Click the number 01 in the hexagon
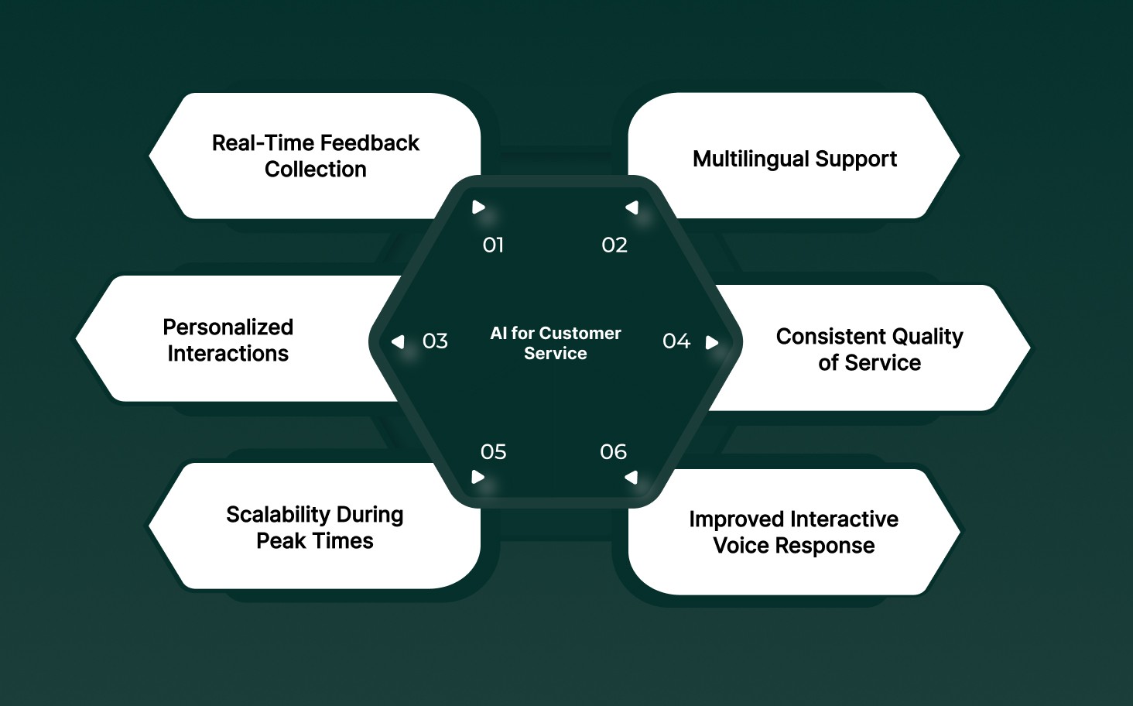point(493,245)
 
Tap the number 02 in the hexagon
point(614,245)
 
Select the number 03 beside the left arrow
point(435,341)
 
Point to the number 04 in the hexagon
point(676,341)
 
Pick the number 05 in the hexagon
point(493,452)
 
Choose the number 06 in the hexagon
point(614,452)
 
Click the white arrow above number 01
point(478,207)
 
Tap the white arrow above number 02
point(632,207)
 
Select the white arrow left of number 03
point(399,341)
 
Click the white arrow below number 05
point(478,477)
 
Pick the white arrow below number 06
point(632,477)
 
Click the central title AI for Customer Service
point(556,343)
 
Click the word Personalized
point(228,327)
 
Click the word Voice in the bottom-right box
point(741,546)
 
